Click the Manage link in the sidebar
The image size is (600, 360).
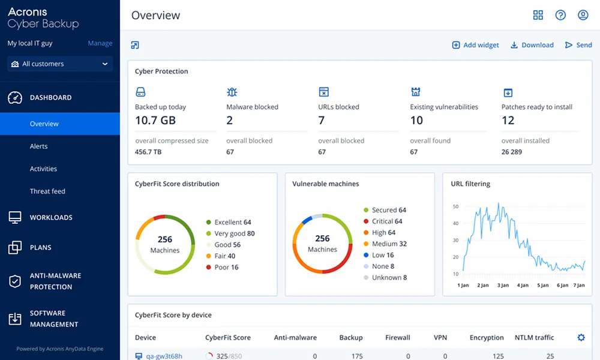(100, 43)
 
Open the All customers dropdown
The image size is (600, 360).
(60, 64)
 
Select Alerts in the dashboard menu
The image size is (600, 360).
(39, 146)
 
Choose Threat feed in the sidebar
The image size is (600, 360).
(47, 191)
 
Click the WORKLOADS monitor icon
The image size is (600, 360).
(15, 218)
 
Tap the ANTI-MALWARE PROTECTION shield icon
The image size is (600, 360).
(15, 281)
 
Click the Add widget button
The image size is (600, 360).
(475, 45)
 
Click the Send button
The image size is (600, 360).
(578, 45)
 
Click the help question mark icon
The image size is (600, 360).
(560, 15)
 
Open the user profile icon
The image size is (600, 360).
(583, 15)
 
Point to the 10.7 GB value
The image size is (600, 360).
(155, 120)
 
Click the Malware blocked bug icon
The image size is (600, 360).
(232, 92)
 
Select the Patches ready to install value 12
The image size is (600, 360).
(508, 120)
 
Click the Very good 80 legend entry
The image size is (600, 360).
(230, 233)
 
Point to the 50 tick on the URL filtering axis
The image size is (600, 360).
(455, 206)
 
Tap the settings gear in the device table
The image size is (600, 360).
(581, 338)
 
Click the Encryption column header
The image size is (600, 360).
(487, 338)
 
